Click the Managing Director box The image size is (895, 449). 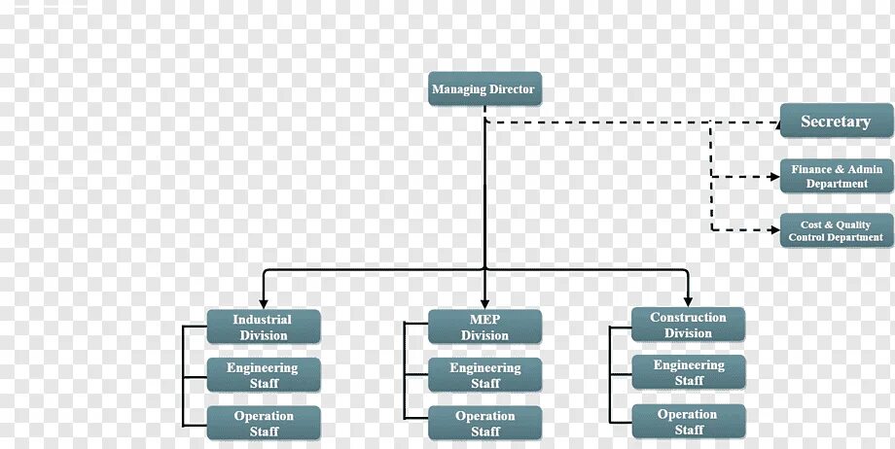pos(483,89)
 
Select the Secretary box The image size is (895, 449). pos(836,121)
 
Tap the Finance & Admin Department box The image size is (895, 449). pos(836,176)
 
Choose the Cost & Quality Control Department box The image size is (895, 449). pos(836,230)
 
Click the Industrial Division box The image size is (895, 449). pos(263,327)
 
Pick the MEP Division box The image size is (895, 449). pos(484,327)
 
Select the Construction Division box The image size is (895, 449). pos(688,325)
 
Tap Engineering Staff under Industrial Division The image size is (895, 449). pos(263,375)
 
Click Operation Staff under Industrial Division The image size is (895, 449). pos(263,423)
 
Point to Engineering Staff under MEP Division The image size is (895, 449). pos(484,375)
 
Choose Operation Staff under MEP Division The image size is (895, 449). pos(484,423)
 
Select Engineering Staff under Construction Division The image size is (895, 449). pos(688,372)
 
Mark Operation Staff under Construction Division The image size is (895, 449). pos(688,421)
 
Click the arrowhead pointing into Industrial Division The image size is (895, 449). pos(263,303)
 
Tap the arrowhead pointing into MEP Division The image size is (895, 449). pos(484,303)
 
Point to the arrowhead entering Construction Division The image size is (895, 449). pos(688,301)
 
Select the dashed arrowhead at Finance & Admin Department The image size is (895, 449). pos(774,176)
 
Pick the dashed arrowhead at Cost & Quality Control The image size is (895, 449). pos(774,230)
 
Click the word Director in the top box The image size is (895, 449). pos(512,89)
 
